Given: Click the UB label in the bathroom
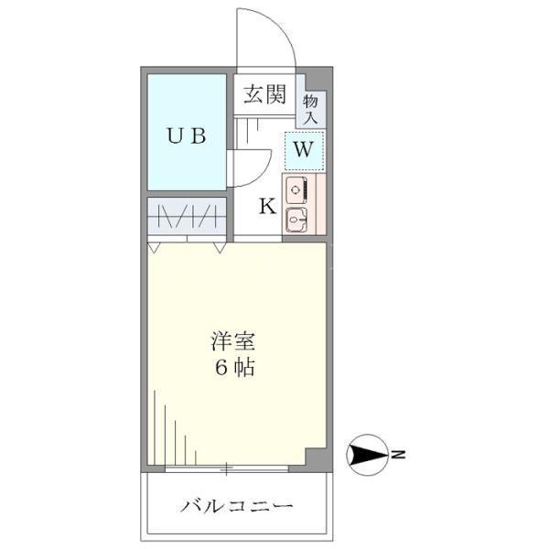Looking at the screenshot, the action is point(187,135).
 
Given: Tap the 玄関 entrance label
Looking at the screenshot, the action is point(264,94).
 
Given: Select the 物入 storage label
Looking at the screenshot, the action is point(310,109).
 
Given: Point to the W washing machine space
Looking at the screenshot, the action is point(304,151).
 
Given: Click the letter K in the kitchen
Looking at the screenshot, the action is point(267,206).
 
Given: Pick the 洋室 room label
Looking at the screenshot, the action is point(232,341).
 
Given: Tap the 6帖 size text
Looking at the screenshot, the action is point(234,368).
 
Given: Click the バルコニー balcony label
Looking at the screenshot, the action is point(236,506).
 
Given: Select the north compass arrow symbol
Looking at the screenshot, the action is point(367,455).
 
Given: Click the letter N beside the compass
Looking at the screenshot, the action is point(398,455).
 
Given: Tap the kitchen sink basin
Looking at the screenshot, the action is point(296,220).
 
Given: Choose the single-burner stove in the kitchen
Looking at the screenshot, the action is point(296,190).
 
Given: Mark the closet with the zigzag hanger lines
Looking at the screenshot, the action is point(187,216).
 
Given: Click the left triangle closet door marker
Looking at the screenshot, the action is point(153,248).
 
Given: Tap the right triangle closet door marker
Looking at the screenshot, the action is point(220,248).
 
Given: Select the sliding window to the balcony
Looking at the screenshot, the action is point(227,468).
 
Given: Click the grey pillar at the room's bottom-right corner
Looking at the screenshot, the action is point(317,458).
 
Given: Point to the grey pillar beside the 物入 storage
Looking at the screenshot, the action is point(319,80).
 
